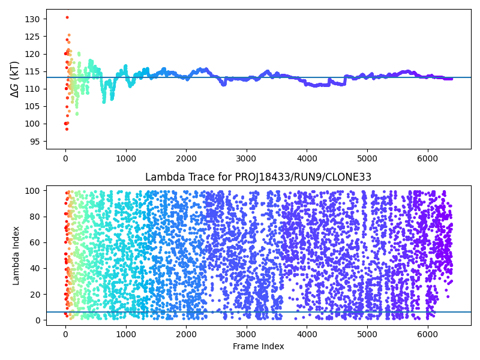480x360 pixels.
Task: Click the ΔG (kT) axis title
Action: (15, 79)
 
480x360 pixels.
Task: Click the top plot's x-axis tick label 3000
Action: (246, 159)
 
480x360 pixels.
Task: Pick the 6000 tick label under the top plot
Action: (427, 159)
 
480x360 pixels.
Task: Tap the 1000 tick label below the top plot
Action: (125, 159)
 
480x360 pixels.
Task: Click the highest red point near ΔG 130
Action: (67, 17)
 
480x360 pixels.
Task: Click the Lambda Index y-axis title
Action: (16, 255)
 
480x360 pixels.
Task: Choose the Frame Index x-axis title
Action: (258, 346)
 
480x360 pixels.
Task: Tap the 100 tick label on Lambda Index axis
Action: (34, 191)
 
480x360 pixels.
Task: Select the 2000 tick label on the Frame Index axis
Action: (186, 334)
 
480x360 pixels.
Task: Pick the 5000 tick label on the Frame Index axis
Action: (367, 334)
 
